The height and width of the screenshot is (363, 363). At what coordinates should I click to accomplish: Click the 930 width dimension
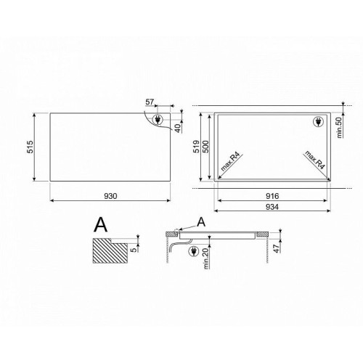(x=110, y=196)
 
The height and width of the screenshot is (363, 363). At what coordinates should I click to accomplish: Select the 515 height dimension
(x=30, y=147)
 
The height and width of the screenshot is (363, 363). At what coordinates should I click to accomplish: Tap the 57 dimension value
(x=150, y=102)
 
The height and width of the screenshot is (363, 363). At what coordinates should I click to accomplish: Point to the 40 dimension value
(x=178, y=129)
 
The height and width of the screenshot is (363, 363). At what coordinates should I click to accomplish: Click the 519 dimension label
(x=197, y=147)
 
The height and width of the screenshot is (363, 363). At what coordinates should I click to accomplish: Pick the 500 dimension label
(x=205, y=147)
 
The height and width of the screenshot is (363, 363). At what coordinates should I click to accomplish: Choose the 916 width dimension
(x=272, y=196)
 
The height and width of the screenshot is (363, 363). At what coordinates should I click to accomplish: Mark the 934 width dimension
(x=272, y=207)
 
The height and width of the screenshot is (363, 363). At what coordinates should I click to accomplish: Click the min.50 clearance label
(x=340, y=127)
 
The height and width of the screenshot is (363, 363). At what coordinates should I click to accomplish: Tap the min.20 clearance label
(x=206, y=258)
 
